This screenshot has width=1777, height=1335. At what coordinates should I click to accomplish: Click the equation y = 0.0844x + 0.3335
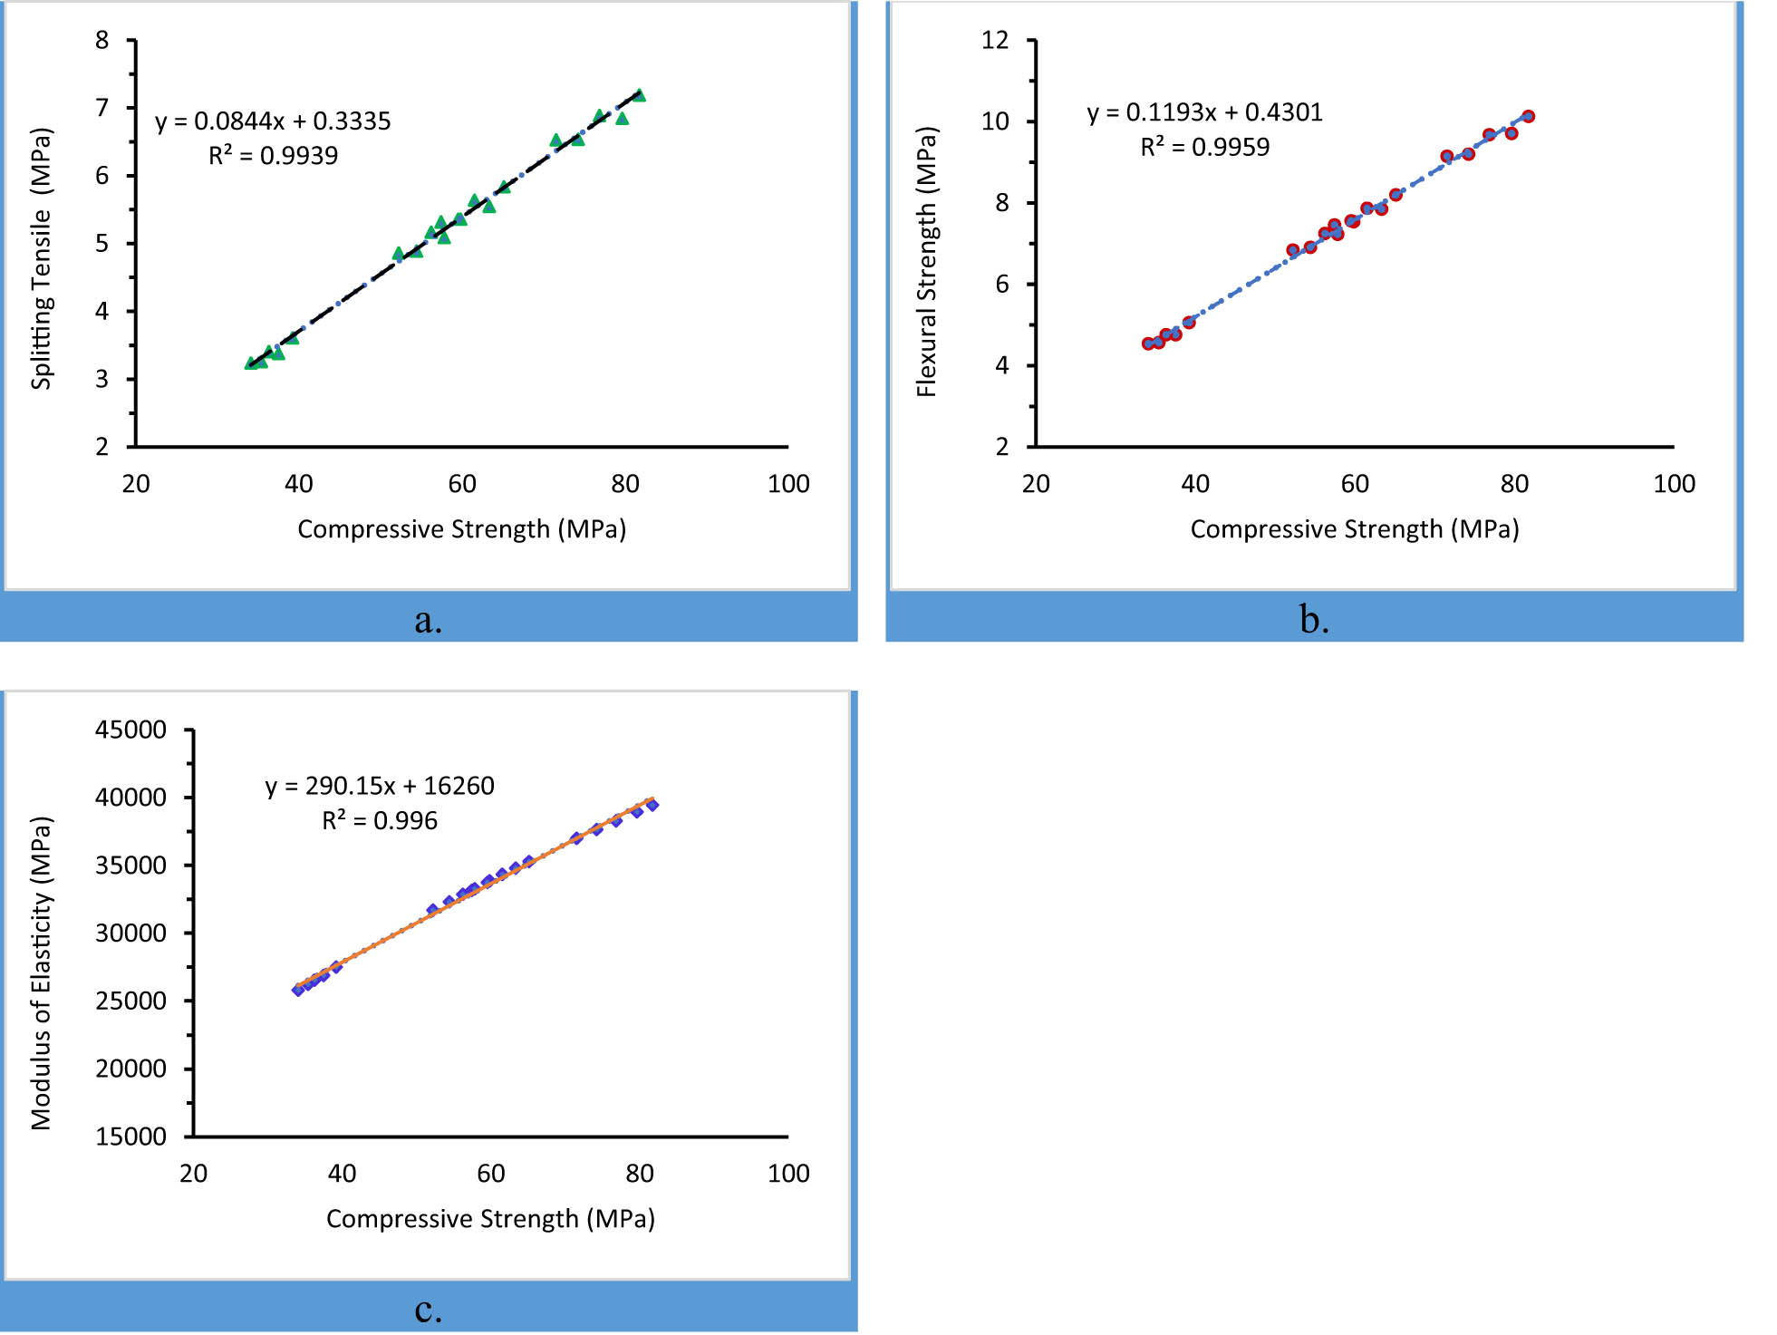pyautogui.click(x=273, y=121)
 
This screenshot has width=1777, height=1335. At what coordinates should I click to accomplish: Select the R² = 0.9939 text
pyautogui.click(x=273, y=156)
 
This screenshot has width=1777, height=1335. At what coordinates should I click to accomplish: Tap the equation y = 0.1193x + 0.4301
pyautogui.click(x=1204, y=112)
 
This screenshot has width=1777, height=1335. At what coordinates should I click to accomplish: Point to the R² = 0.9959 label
pyautogui.click(x=1204, y=147)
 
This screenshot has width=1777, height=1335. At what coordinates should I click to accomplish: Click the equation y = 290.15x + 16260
pyautogui.click(x=380, y=786)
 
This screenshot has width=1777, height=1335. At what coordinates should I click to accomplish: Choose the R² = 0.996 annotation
pyautogui.click(x=380, y=821)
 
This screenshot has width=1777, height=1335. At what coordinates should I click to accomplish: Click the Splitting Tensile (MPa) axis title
pyautogui.click(x=42, y=258)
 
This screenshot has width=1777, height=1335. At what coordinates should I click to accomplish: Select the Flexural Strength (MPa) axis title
pyautogui.click(x=926, y=262)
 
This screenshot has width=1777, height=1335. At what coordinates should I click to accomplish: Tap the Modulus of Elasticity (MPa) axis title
pyautogui.click(x=42, y=973)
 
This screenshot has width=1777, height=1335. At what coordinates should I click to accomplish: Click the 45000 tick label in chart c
pyautogui.click(x=131, y=730)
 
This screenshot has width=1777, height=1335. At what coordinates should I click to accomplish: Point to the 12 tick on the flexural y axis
pyautogui.click(x=995, y=40)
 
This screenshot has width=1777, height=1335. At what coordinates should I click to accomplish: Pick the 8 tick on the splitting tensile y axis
pyautogui.click(x=102, y=40)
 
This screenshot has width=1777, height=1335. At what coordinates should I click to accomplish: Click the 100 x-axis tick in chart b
pyautogui.click(x=1674, y=484)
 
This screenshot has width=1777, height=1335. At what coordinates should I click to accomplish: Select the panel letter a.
pyautogui.click(x=428, y=620)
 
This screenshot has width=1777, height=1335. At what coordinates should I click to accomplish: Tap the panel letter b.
pyautogui.click(x=1314, y=620)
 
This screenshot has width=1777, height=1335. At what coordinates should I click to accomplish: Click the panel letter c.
pyautogui.click(x=428, y=1310)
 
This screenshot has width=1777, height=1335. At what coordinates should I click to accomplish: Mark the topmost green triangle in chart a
pyautogui.click(x=639, y=95)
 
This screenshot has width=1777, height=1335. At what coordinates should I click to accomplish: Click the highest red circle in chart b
pyautogui.click(x=1528, y=116)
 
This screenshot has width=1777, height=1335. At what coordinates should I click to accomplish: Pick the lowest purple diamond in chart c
pyautogui.click(x=298, y=990)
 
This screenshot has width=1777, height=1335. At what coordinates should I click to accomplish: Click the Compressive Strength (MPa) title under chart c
pyautogui.click(x=490, y=1219)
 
